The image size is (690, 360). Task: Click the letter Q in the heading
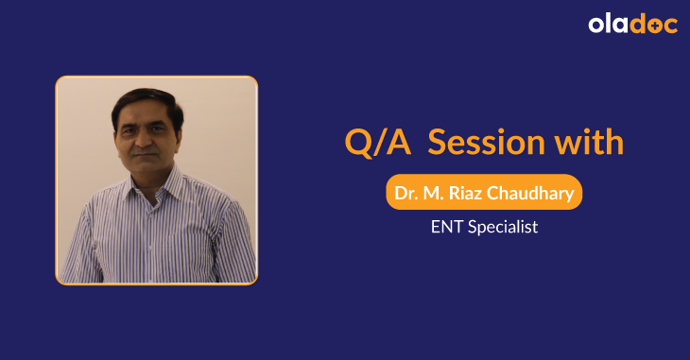pyautogui.click(x=357, y=144)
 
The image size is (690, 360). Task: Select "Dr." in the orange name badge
pyautogui.click(x=405, y=195)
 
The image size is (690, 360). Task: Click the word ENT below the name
pyautogui.click(x=442, y=228)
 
